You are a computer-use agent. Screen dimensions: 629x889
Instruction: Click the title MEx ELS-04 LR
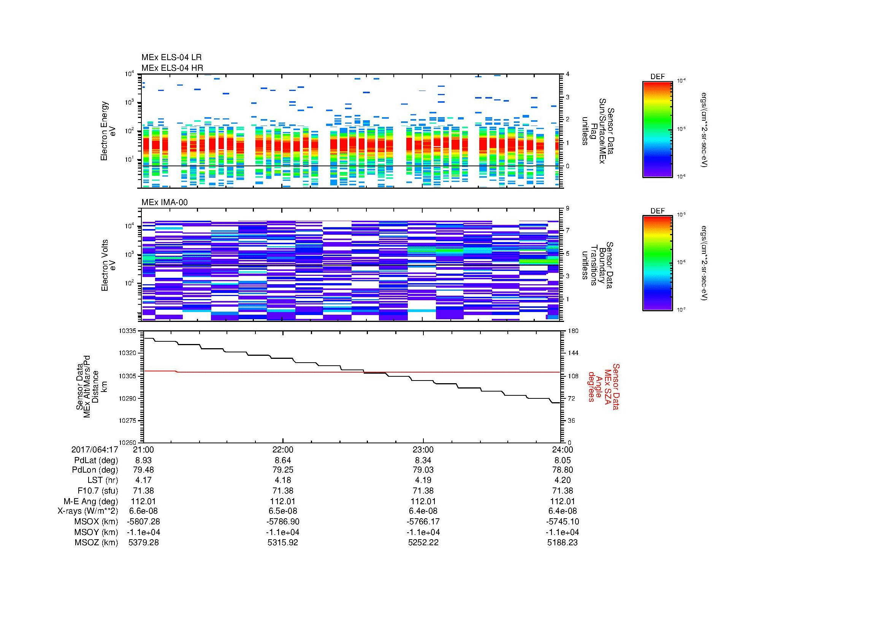pos(171,58)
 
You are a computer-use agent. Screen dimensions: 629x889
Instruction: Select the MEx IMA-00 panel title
pos(165,202)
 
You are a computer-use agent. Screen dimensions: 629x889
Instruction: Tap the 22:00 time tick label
pos(283,449)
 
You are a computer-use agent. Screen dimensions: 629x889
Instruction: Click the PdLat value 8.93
pos(143,460)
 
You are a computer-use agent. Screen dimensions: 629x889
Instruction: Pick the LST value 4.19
pos(423,480)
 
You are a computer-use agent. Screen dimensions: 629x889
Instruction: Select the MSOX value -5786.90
pos(283,522)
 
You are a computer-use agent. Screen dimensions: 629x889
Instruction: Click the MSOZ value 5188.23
pos(562,543)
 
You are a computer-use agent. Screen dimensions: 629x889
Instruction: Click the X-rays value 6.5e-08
pos(283,511)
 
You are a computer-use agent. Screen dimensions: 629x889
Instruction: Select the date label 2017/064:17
pos(95,449)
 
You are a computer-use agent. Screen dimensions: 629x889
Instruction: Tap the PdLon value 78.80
pos(562,470)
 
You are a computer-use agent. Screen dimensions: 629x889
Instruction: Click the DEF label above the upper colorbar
pos(658,77)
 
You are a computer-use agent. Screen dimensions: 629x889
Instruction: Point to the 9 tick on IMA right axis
pos(567,209)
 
